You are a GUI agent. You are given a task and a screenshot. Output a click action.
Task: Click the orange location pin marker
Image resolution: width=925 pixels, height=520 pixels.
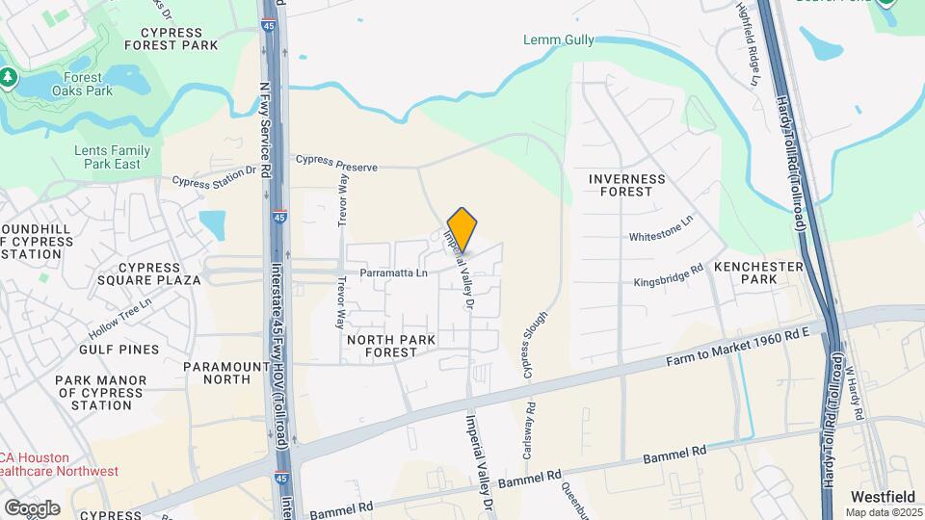tap(462, 229)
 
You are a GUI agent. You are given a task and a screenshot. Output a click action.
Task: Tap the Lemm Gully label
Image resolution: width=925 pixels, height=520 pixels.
tap(559, 39)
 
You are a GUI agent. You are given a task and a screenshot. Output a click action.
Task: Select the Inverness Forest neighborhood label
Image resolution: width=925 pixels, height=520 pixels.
tap(626, 185)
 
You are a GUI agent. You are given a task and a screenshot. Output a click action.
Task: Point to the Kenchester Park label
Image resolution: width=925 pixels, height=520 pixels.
tap(758, 273)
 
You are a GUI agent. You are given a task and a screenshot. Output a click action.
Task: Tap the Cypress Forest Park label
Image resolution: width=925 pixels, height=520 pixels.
tap(172, 38)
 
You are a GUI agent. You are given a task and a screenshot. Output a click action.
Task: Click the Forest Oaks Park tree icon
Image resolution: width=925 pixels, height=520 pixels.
tap(10, 76)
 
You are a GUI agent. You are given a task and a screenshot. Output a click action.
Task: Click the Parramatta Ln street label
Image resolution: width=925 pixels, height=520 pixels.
tap(393, 273)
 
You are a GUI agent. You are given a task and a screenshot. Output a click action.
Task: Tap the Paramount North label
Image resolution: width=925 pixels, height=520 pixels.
tap(225, 373)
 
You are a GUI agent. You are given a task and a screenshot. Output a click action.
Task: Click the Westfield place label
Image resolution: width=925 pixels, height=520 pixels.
tap(882, 496)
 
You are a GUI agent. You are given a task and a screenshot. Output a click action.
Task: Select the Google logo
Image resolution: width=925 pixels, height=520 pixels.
tap(32, 507)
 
